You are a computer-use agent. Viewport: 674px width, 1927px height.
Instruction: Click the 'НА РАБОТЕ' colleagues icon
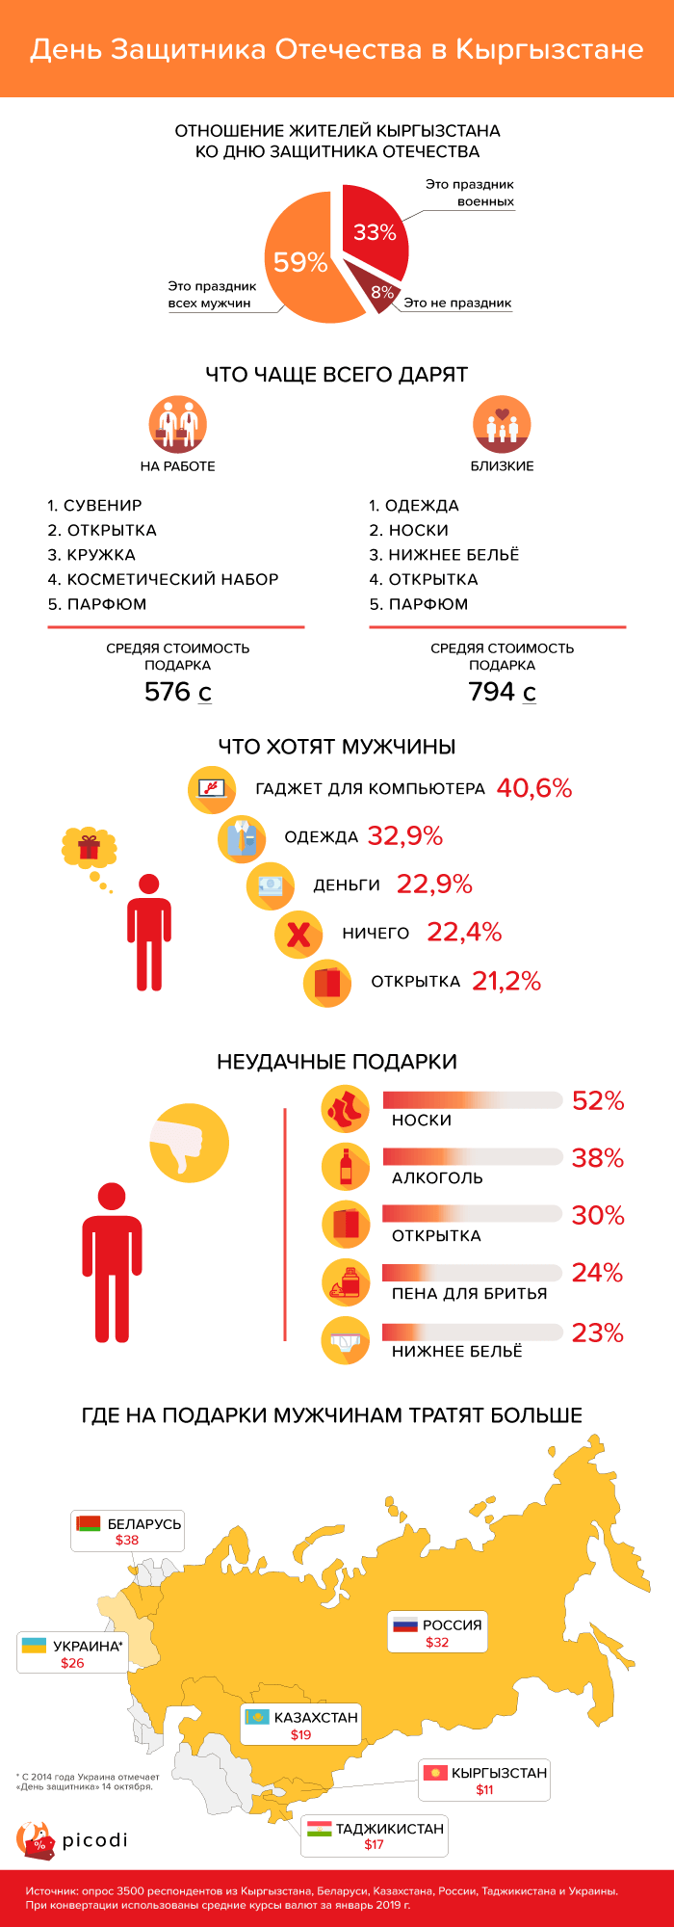[x=178, y=424]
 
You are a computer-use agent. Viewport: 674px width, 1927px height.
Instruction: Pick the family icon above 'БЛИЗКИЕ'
[x=502, y=424]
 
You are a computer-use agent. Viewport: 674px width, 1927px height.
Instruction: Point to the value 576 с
[x=177, y=692]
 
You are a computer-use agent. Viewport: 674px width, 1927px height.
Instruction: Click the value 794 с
[x=502, y=692]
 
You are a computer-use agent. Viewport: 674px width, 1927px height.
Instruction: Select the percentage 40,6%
[x=534, y=788]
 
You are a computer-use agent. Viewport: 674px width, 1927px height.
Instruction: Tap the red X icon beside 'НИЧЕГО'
[x=298, y=934]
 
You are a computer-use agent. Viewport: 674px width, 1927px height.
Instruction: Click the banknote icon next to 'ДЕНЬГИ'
[x=270, y=885]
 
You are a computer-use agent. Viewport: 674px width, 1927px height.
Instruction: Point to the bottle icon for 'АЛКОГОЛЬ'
[x=345, y=1166]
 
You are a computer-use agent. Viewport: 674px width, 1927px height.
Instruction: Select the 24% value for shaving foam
[x=597, y=1274]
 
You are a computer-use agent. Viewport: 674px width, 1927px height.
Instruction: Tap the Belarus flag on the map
[x=89, y=1523]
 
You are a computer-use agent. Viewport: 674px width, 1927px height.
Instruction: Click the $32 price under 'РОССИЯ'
[x=437, y=1642]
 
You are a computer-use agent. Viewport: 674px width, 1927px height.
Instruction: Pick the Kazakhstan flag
[x=257, y=1717]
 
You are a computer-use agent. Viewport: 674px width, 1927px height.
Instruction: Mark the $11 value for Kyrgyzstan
[x=484, y=1789]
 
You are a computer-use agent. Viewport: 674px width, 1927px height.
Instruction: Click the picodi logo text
[x=94, y=1840]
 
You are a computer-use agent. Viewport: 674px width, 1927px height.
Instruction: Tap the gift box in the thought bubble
[x=89, y=847]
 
